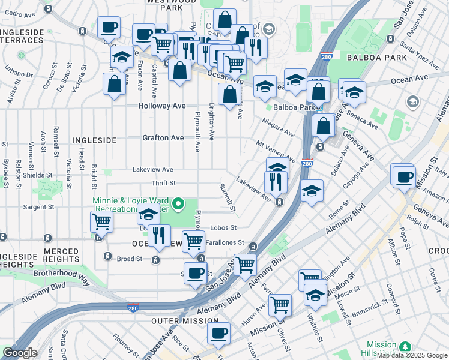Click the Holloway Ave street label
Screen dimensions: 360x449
coord(162,106)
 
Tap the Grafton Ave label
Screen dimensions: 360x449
coord(163,138)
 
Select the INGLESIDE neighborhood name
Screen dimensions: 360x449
coord(94,140)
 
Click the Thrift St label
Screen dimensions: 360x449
coord(163,183)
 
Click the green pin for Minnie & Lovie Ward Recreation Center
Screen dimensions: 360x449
coord(178,205)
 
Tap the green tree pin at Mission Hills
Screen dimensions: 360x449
coord(406,347)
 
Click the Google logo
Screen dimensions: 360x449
coord(20,353)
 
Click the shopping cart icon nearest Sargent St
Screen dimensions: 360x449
coord(101,221)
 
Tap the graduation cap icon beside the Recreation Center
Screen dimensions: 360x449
coord(148,213)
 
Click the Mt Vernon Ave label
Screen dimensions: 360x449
coord(275,152)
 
